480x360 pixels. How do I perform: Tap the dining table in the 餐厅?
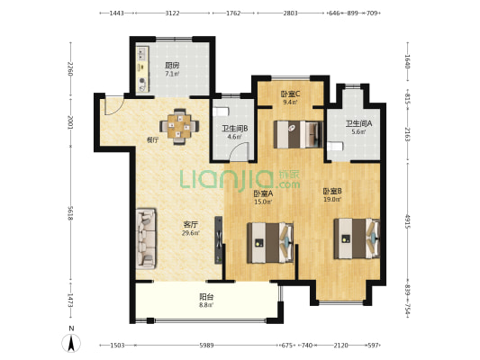point(179,126)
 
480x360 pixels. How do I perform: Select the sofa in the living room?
point(146,238)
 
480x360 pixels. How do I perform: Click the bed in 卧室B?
point(357,238)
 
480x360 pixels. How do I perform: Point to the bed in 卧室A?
point(270,243)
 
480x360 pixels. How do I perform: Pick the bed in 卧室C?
point(298,135)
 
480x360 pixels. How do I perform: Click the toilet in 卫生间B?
point(221,112)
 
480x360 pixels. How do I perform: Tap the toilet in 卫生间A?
point(334,146)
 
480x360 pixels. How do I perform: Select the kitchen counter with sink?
point(142,69)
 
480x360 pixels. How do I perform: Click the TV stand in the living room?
point(219,240)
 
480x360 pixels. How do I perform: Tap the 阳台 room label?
point(206,297)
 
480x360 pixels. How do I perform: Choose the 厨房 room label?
point(172,65)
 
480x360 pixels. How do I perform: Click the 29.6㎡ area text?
point(191,233)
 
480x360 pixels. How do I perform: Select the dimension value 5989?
point(206,346)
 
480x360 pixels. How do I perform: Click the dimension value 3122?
point(172,13)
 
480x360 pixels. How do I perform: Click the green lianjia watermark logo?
point(240,179)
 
